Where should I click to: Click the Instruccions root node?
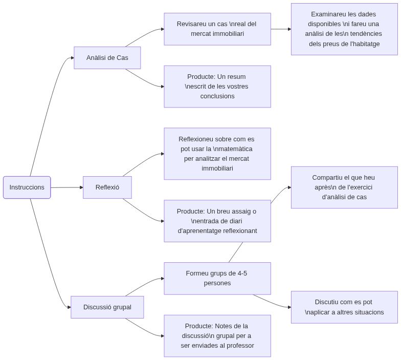(27, 187)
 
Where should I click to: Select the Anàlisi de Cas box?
(107, 58)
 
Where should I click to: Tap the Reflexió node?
(107, 187)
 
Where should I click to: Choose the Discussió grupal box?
(107, 307)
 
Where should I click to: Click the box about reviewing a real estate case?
(217, 29)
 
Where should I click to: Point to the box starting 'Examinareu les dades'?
(344, 29)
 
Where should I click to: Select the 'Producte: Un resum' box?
(217, 87)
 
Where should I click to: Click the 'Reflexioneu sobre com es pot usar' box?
(217, 154)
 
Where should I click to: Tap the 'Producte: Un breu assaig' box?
(217, 221)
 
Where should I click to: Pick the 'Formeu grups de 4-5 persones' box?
(217, 278)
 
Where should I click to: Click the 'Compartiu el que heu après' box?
(344, 187)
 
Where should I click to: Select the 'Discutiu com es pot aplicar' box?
(344, 307)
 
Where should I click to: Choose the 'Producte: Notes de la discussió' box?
(217, 336)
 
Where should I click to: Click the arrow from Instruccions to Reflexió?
(66, 187)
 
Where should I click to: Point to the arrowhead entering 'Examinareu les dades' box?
(289, 29)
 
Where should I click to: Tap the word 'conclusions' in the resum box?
(217, 96)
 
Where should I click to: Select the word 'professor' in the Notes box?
(238, 345)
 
